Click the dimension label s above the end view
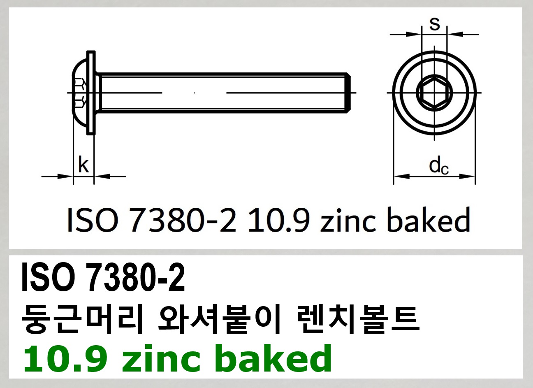[435, 24]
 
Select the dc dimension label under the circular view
[438, 166]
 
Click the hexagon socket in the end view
[434, 92]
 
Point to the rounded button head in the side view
[80, 93]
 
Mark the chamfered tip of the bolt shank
[348, 93]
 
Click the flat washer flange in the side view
[91, 93]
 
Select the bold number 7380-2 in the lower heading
[135, 278]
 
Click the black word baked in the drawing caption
[428, 220]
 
